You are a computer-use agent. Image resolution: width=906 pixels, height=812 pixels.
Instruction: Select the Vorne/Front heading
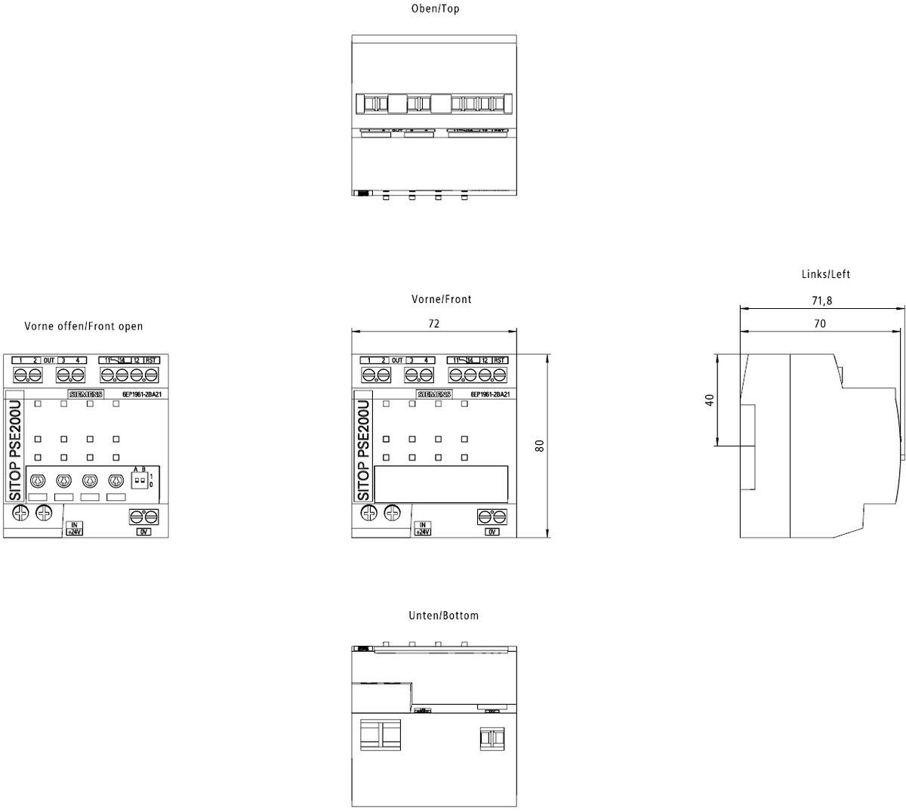point(441,299)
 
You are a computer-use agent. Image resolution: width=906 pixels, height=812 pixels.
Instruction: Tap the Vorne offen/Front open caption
point(83,326)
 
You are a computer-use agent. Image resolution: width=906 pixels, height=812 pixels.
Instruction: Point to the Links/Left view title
point(825,274)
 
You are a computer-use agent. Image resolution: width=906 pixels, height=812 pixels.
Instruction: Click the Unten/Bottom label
point(443,616)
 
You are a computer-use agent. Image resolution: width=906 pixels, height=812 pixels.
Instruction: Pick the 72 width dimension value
point(434,323)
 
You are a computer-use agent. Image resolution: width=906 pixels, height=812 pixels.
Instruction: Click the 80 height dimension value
point(540,446)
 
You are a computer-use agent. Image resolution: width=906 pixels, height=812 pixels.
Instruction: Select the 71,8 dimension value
point(821,301)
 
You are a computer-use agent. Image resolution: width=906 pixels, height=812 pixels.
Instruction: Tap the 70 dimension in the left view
point(820,323)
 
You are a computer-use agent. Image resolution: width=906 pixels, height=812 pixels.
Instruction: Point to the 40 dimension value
point(709,400)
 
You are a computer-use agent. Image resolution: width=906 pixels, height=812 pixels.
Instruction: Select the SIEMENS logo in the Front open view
point(85,394)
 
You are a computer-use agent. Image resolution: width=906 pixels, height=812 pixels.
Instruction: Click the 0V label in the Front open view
point(143,532)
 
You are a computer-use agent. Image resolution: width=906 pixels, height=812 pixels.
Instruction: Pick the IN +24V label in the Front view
point(422,529)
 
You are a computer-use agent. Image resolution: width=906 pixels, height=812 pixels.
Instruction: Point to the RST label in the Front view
point(500,360)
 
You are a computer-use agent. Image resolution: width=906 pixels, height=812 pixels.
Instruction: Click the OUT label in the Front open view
point(48,360)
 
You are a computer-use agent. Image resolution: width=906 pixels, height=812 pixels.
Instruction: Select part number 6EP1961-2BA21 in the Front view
point(491,394)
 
